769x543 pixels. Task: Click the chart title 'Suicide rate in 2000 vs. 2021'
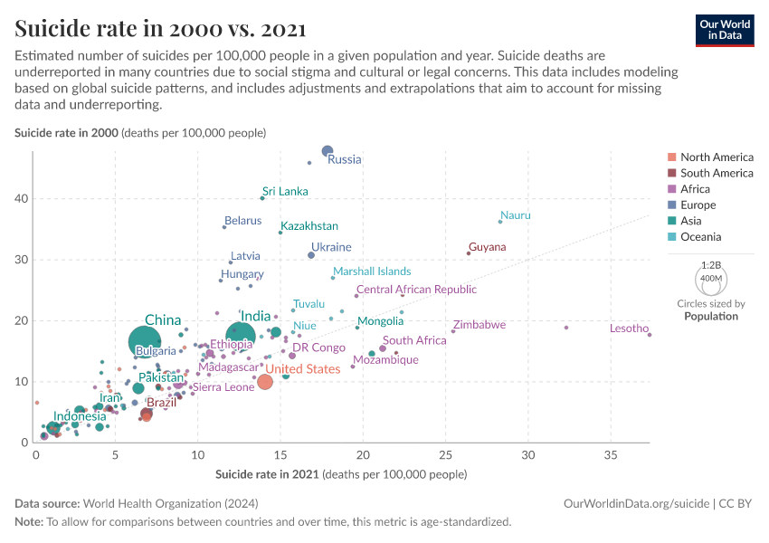pyautogui.click(x=160, y=30)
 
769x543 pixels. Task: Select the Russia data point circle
pyautogui.click(x=328, y=151)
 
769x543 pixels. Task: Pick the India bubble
pyautogui.click(x=240, y=337)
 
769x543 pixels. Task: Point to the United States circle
pyautogui.click(x=265, y=382)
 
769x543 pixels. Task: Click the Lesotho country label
pyautogui.click(x=629, y=329)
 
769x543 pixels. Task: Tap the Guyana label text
pyautogui.click(x=487, y=247)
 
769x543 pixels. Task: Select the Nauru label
pyautogui.click(x=515, y=215)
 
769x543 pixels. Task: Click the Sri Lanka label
pyautogui.click(x=285, y=192)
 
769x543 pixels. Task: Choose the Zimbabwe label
pyautogui.click(x=479, y=324)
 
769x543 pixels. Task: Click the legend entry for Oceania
pyautogui.click(x=701, y=237)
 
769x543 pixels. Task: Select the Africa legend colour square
pyautogui.click(x=670, y=189)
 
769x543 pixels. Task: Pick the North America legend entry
pyautogui.click(x=716, y=157)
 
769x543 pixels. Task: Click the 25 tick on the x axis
pyautogui.click(x=446, y=454)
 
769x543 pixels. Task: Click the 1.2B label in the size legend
pyautogui.click(x=711, y=264)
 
